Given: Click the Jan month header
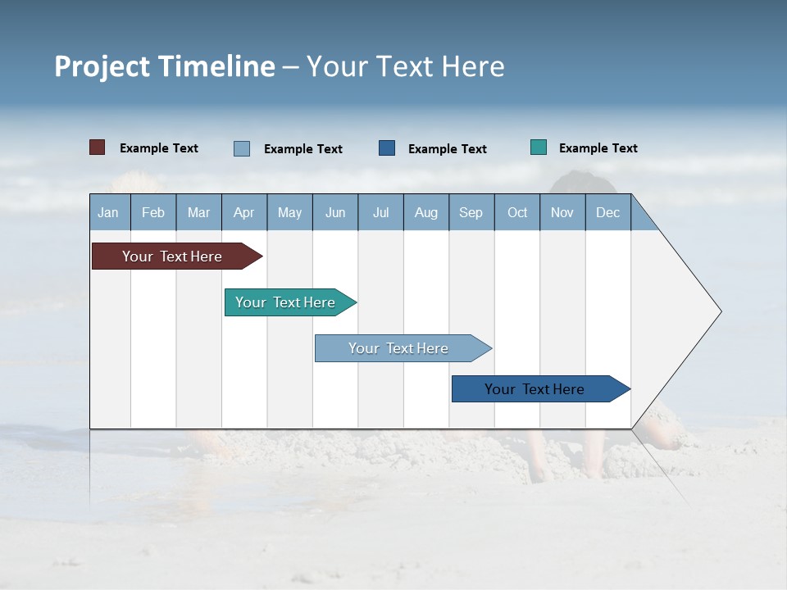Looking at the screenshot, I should (109, 212).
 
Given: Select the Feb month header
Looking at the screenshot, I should (153, 212).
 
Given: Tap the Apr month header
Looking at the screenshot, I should (244, 212).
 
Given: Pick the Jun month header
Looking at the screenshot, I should (335, 212).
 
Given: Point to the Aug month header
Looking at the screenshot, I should (426, 212).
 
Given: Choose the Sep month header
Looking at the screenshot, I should (471, 212).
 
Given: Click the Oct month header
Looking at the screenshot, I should (517, 212).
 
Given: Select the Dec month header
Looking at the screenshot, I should (608, 212).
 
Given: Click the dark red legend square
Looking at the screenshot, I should (98, 147).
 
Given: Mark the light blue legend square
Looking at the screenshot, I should (242, 148).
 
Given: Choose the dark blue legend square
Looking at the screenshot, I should (387, 148).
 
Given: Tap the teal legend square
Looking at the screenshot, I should (539, 147).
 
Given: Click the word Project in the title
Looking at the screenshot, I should (102, 67).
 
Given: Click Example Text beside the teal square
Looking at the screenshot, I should (598, 148).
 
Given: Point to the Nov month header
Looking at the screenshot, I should (562, 212).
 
